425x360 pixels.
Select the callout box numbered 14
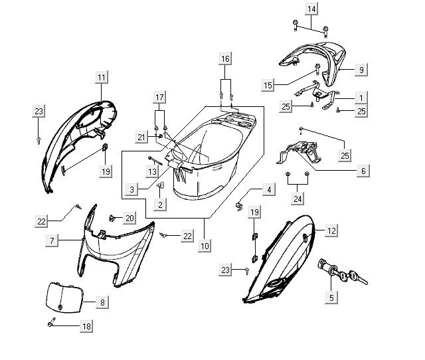point(312,9)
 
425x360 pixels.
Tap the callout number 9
point(362,70)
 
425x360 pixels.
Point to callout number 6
point(363,171)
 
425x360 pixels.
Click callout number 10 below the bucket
point(205,246)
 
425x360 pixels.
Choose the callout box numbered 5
point(330,297)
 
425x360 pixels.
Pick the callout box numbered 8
point(102,302)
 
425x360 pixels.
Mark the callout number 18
point(86,326)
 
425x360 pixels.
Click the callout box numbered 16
point(226,60)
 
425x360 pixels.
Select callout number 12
point(331,230)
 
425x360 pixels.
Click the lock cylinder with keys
point(332,272)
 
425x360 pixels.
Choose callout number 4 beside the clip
point(268,190)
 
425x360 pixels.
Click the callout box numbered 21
point(141,137)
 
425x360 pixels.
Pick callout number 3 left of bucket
point(133,189)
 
